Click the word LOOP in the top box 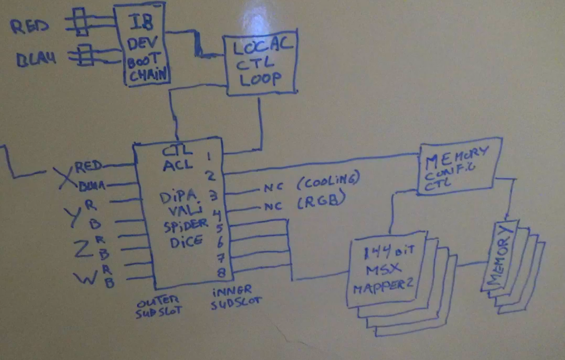260,79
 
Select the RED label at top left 29,27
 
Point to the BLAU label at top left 36,59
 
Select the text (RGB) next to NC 320,203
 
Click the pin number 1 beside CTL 209,155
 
